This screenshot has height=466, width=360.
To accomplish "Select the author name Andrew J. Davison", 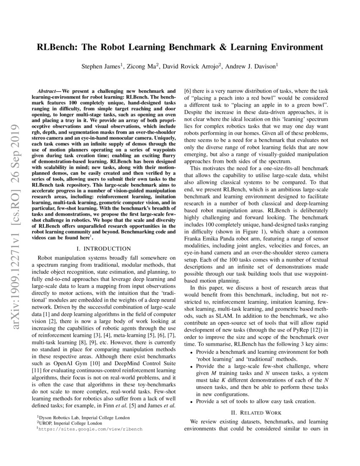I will (x=250, y=66).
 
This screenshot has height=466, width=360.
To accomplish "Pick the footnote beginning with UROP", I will (x=72, y=423).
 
